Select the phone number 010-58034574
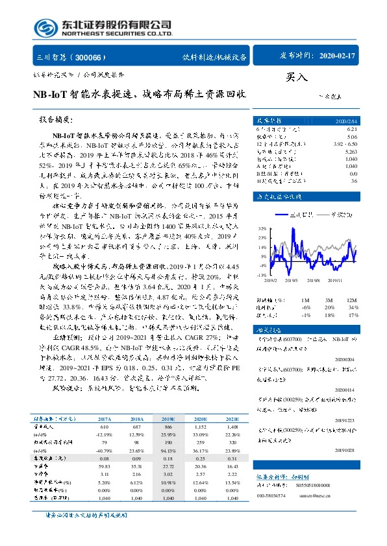click(271, 493)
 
